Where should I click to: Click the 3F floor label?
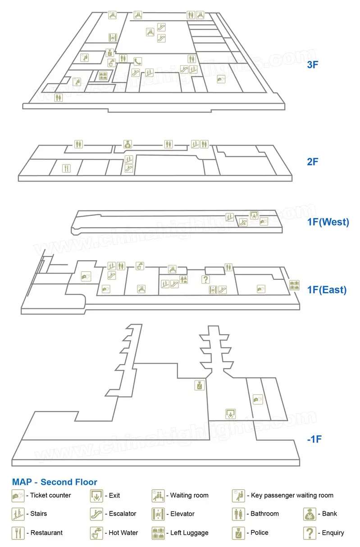313,65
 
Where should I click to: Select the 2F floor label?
313,162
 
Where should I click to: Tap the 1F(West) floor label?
328,222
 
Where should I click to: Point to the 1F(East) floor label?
327,290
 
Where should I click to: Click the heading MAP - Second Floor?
55,482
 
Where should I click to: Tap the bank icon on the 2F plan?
128,145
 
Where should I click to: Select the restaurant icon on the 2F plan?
67,169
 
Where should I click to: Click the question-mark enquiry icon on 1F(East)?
205,280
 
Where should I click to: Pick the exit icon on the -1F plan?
231,413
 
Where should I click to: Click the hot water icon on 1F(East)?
140,266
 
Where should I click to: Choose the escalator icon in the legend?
96,514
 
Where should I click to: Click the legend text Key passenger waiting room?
292,495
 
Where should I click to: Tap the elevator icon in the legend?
158,514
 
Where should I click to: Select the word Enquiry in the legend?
333,533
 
